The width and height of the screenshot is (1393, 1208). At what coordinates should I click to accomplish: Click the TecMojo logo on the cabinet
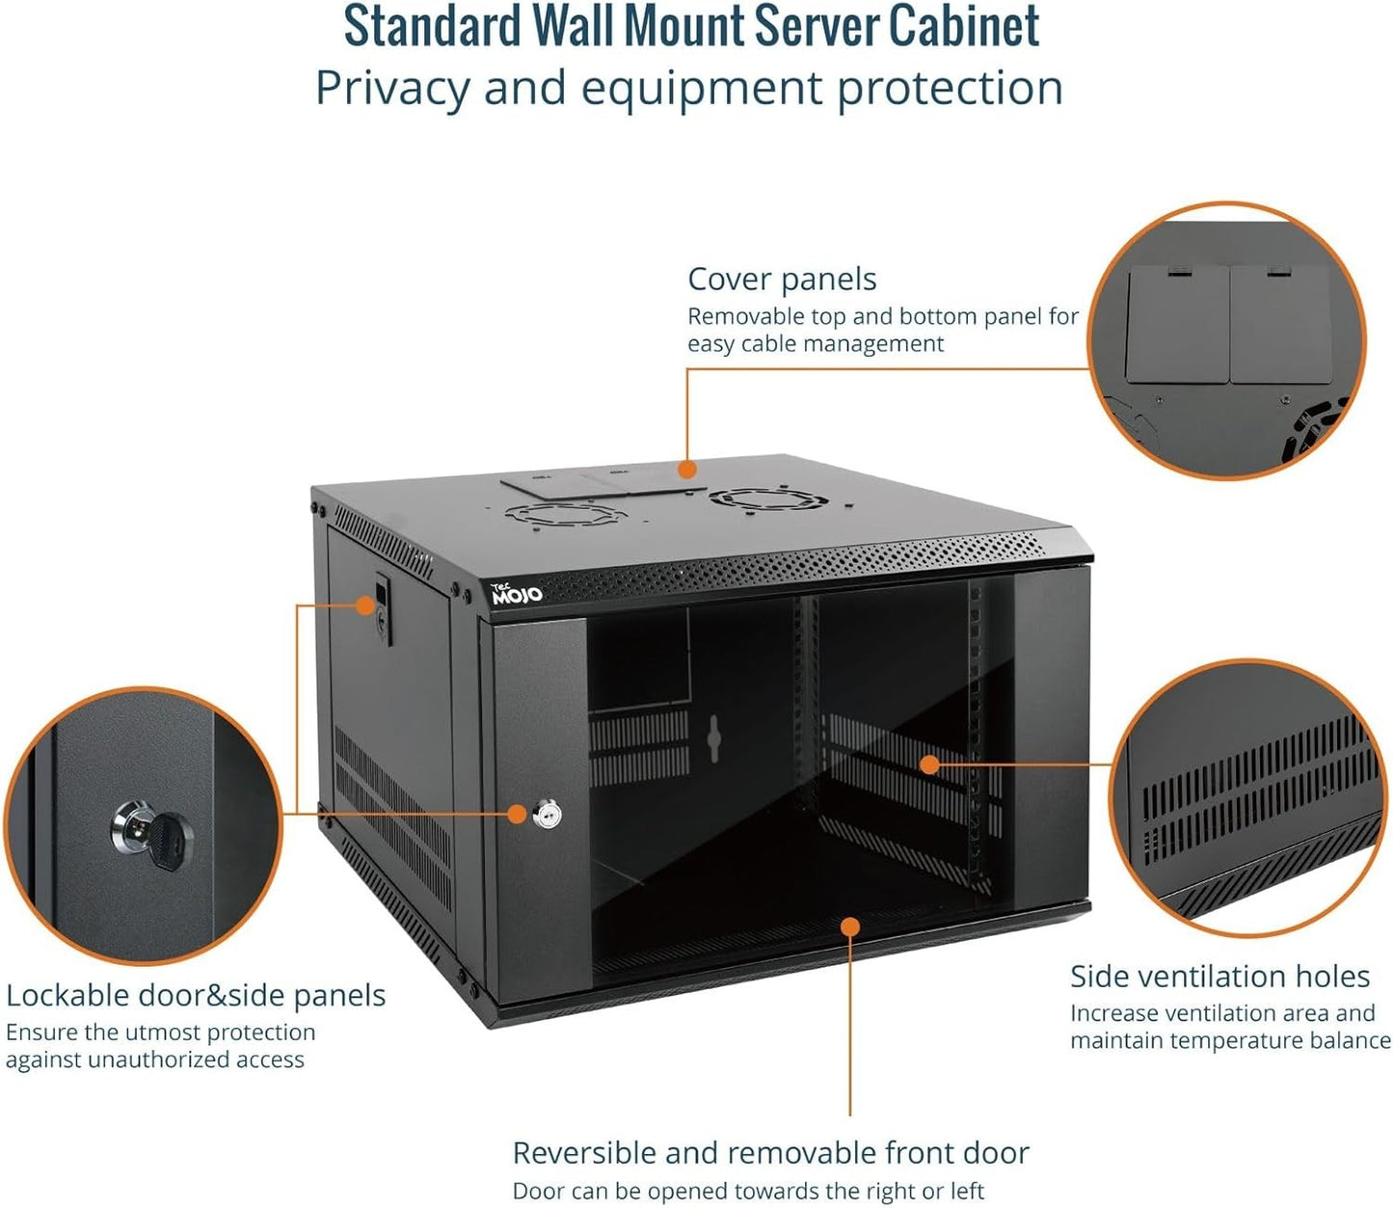tap(517, 594)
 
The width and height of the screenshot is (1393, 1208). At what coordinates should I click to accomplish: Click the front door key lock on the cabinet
tap(547, 815)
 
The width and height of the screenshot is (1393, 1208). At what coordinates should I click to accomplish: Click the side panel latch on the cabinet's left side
tap(384, 607)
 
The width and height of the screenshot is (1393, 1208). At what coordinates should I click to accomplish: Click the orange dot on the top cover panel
tap(686, 470)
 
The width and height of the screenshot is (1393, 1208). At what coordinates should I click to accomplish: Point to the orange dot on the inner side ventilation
tap(929, 765)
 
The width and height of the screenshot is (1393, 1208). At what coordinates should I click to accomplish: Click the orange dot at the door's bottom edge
tap(849, 926)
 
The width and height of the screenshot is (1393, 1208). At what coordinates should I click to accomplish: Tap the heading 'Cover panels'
tap(782, 280)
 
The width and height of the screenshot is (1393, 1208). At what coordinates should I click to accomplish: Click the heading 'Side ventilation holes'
tap(1219, 977)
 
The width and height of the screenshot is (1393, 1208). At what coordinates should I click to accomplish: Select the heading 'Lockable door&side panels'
tap(196, 995)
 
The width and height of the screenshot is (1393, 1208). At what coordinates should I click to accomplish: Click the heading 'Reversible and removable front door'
tap(770, 1153)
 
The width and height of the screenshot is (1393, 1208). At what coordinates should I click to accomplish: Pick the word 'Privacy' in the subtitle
tap(391, 89)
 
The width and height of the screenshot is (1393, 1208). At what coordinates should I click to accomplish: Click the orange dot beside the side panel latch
tap(364, 604)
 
